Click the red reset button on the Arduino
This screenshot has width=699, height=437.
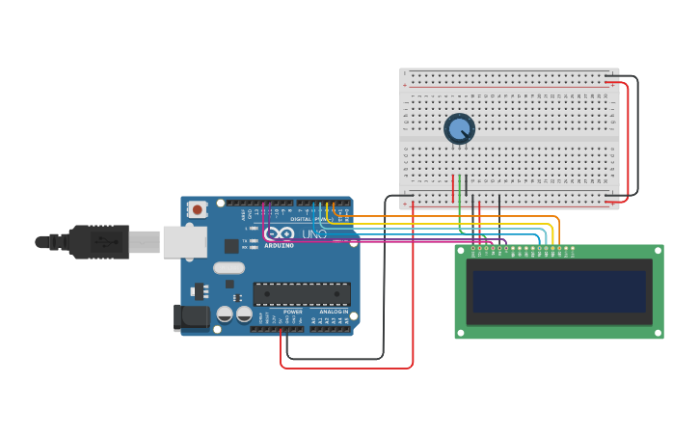[x=197, y=208]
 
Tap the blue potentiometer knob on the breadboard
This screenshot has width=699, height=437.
[x=459, y=129]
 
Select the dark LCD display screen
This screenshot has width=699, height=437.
[x=558, y=290]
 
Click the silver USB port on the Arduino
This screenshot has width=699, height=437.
[x=184, y=242]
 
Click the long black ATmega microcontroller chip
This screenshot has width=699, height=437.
[x=302, y=294]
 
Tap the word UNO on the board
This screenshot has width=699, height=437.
[x=314, y=234]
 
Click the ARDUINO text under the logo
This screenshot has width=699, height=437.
[x=279, y=245]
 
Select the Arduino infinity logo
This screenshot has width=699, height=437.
[x=279, y=233]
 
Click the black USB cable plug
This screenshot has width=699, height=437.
[x=96, y=241]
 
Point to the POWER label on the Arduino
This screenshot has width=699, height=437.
[x=293, y=313]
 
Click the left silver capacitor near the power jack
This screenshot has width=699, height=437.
[x=225, y=314]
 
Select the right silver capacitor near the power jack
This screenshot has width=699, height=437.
[x=245, y=314]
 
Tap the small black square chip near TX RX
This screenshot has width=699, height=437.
[x=229, y=285]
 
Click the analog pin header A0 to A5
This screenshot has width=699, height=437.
[x=329, y=329]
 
